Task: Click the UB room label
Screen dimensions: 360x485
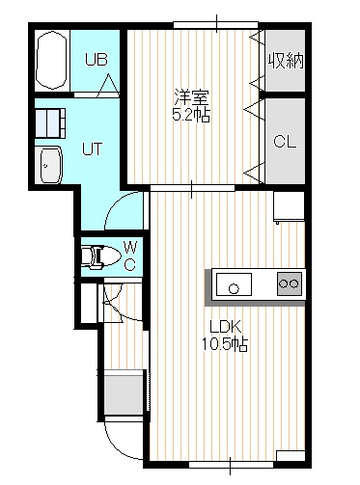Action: pos(97,60)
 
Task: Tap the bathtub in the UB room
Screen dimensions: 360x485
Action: pos(51,60)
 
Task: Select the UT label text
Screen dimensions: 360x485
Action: pos(92,148)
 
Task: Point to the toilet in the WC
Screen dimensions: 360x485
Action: pos(99,256)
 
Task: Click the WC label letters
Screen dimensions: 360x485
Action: pos(130,256)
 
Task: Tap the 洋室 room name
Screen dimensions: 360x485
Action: pos(191,97)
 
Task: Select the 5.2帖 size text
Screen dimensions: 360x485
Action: pos(191,115)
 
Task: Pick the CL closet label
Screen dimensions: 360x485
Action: pos(285,142)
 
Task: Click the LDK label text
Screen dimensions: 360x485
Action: pos(225,327)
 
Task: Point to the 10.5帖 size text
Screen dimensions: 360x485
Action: pos(225,344)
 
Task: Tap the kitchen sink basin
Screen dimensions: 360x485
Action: pos(234,284)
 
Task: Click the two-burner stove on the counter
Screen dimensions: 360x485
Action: pos(290,283)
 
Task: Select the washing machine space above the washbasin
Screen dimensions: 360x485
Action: pos(50,123)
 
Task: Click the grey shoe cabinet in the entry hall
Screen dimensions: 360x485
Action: pos(124,392)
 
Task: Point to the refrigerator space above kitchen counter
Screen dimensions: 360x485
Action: pos(289,206)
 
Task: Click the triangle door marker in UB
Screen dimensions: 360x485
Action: pos(108,86)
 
